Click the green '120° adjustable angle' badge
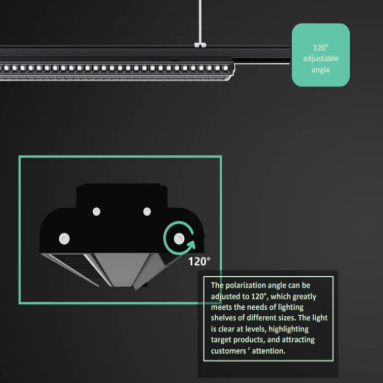pyautogui.click(x=320, y=55)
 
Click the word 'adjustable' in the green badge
pyautogui.click(x=320, y=59)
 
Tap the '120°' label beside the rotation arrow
pyautogui.click(x=200, y=261)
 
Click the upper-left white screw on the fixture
pyautogui.click(x=96, y=211)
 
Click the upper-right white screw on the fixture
pyautogui.click(x=147, y=211)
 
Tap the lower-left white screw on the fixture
pyautogui.click(x=64, y=237)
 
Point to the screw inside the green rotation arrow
pyautogui.click(x=178, y=237)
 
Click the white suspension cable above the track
pyautogui.click(x=200, y=20)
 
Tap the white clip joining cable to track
pyautogui.click(x=200, y=45)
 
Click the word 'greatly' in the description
pyautogui.click(x=304, y=297)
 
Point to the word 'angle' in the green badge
pyautogui.click(x=320, y=70)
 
